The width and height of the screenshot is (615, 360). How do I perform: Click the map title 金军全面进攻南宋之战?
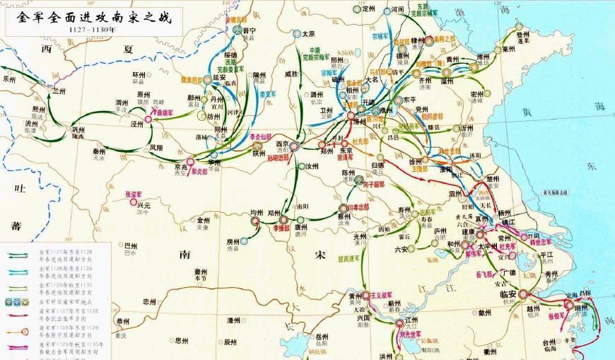(x=91, y=18)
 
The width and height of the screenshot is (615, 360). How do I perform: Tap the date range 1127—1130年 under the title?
(x=92, y=32)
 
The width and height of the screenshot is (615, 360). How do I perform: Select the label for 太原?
(x=308, y=33)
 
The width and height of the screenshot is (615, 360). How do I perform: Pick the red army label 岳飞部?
(x=485, y=272)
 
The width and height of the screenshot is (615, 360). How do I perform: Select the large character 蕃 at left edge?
(x=16, y=226)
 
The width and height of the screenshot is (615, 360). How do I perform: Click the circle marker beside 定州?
(x=356, y=10)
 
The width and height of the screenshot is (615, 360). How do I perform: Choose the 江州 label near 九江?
(x=411, y=320)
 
